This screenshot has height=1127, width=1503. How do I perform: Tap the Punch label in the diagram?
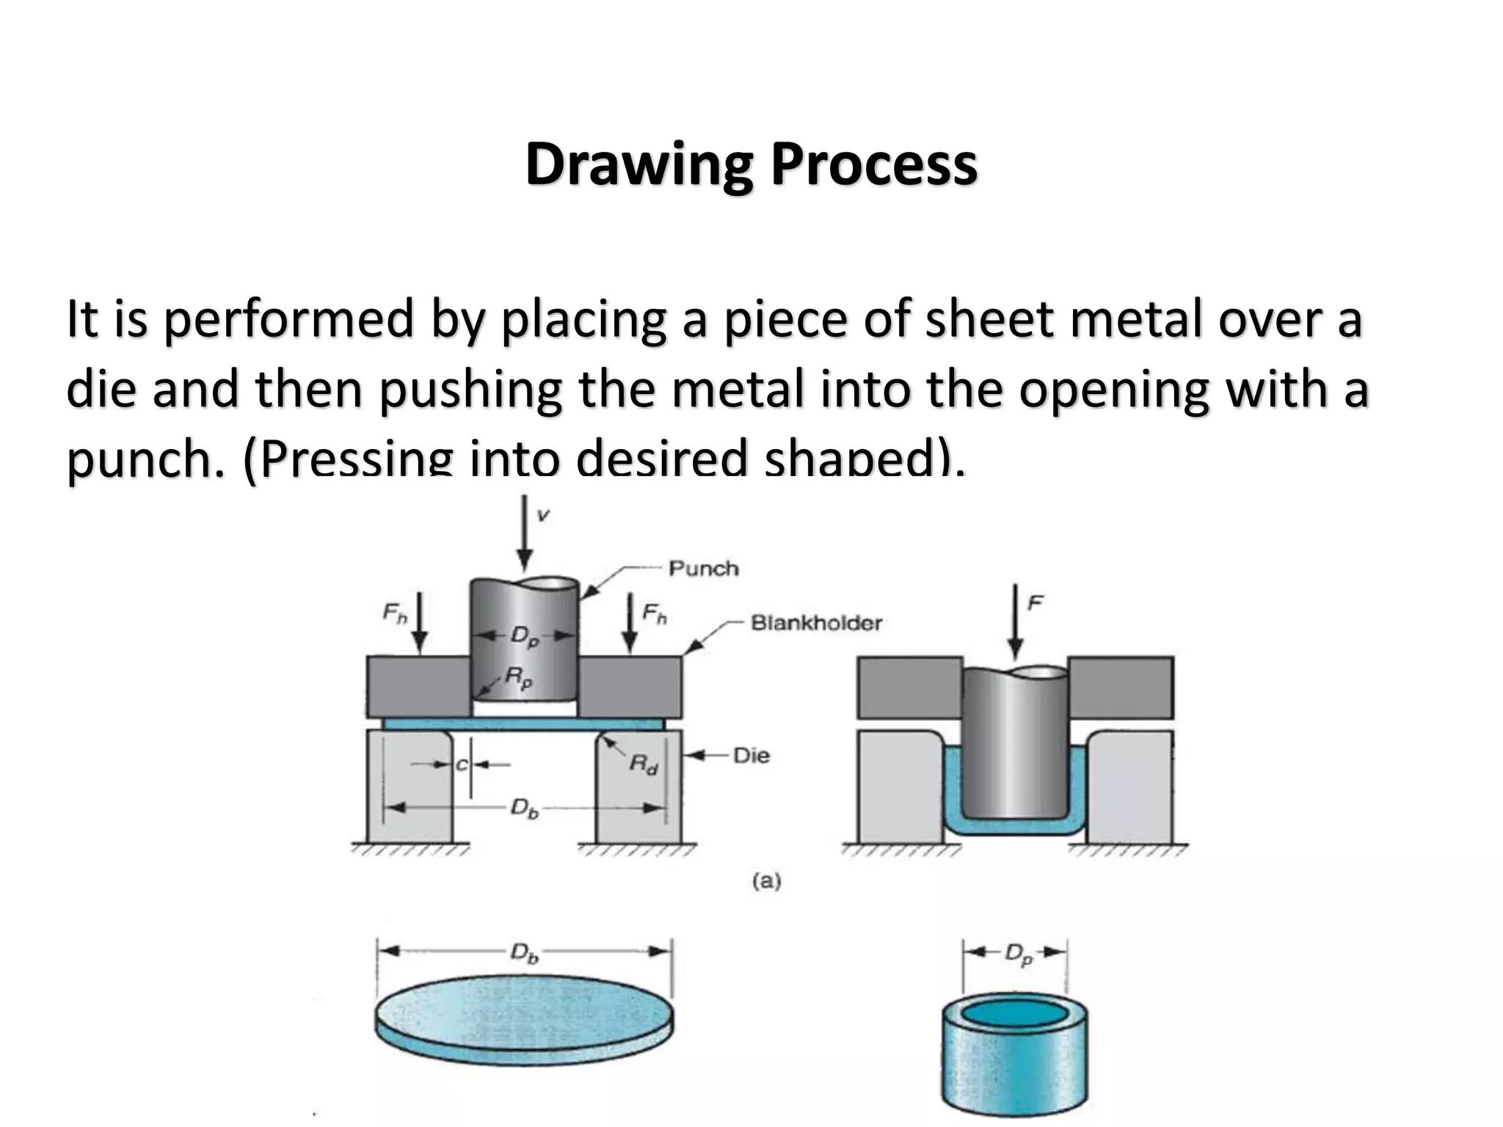pos(703,569)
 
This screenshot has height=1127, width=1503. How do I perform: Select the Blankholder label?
pos(815,623)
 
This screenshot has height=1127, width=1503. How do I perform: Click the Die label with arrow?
pos(751,755)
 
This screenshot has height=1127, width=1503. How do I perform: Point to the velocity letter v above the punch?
pos(543,515)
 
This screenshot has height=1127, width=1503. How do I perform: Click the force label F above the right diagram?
pos(1035,603)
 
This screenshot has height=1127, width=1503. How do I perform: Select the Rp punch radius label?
pos(518,679)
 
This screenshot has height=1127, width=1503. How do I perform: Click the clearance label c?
pos(461,765)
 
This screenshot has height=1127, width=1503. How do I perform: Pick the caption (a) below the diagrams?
pos(766,880)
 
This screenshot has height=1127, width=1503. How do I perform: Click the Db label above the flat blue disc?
pos(524,953)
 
